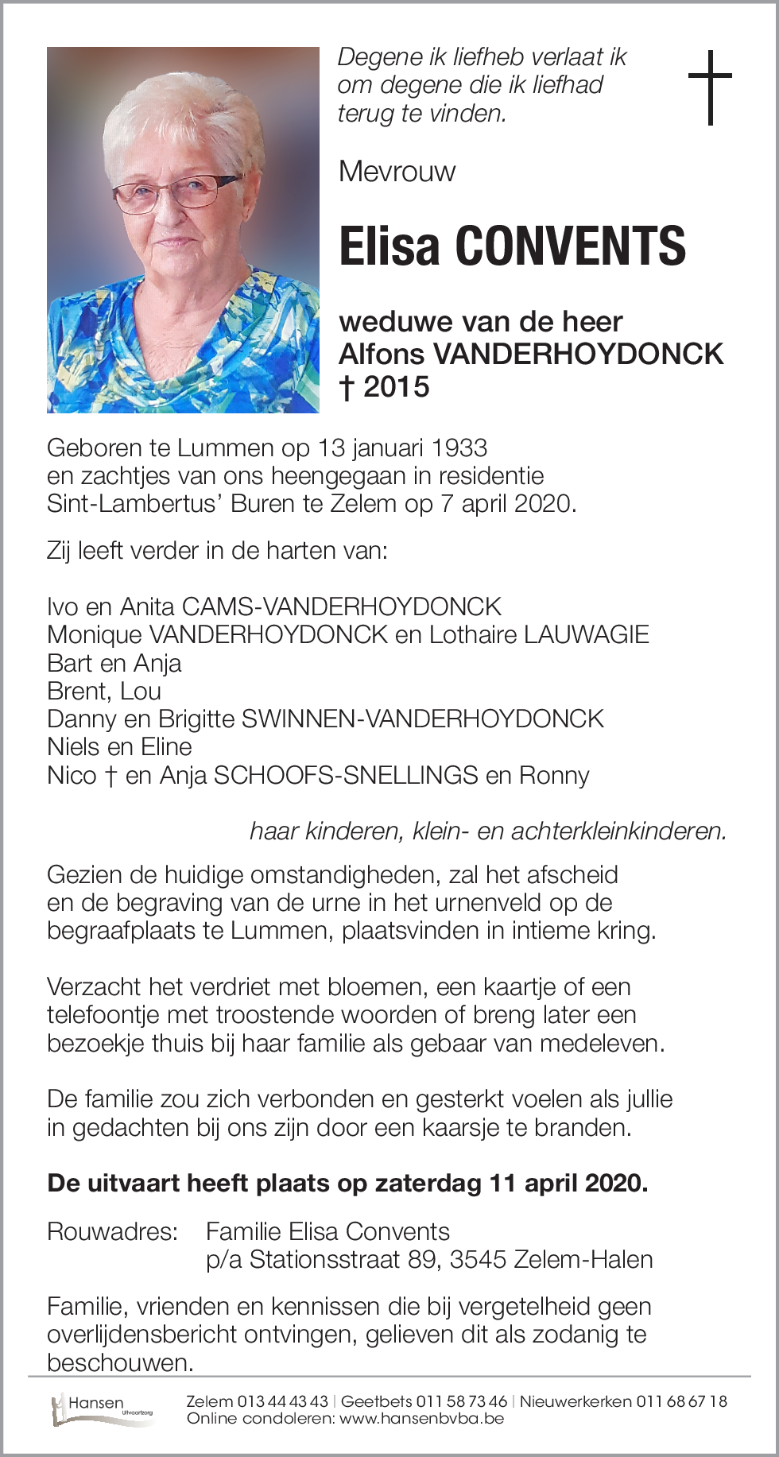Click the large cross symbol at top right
pyautogui.click(x=709, y=87)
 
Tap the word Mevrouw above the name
pyautogui.click(x=397, y=172)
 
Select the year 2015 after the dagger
pyautogui.click(x=397, y=387)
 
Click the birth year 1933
pyautogui.click(x=460, y=448)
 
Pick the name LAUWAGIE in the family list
pyautogui.click(x=587, y=635)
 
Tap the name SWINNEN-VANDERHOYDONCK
pyautogui.click(x=422, y=719)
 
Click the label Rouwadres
pyautogui.click(x=112, y=1231)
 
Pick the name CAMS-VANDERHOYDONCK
pyautogui.click(x=342, y=607)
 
